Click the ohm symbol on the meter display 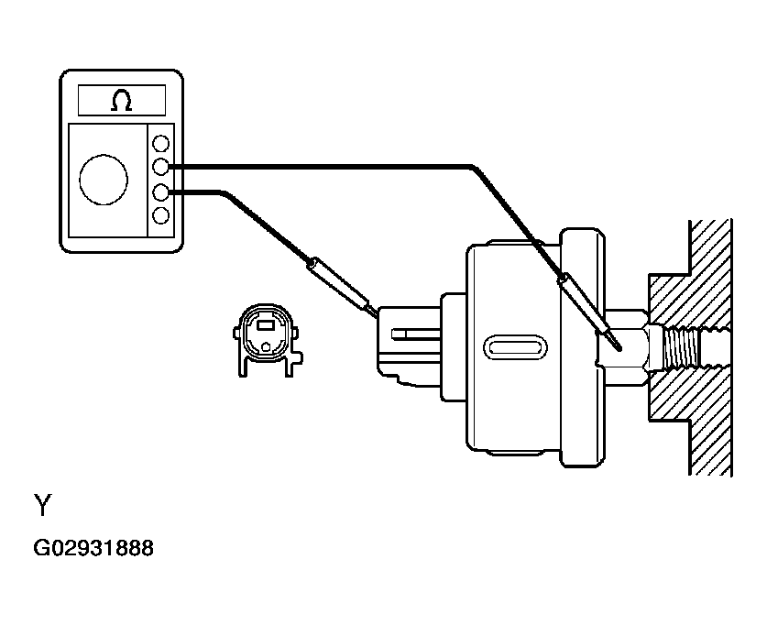coord(121,100)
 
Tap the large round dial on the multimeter coord(104,180)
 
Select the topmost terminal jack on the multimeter coord(160,143)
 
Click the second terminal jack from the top coord(160,168)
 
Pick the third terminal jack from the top coord(160,192)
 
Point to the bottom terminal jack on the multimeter coord(160,215)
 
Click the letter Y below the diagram coord(42,505)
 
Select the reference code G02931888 coord(93,548)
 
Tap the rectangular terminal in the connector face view coord(266,324)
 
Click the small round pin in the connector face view coord(266,346)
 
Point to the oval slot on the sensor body coord(515,347)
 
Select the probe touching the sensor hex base coord(589,311)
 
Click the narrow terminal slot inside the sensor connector coord(416,334)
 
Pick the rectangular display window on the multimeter coord(122,100)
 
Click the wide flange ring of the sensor coord(582,347)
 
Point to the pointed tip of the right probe coord(619,349)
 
